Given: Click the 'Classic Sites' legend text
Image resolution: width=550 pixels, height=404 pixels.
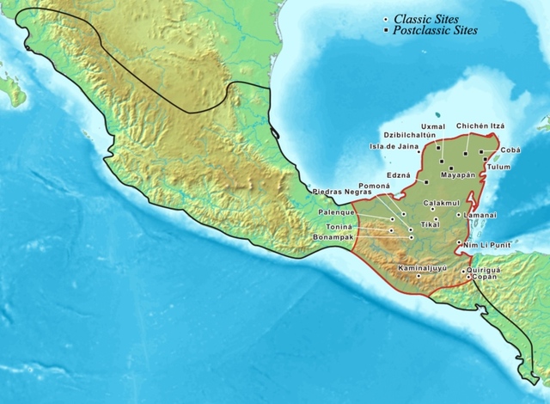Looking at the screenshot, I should pyautogui.click(x=429, y=19).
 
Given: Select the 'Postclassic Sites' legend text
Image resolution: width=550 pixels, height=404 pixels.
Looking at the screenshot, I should pyautogui.click(x=435, y=30).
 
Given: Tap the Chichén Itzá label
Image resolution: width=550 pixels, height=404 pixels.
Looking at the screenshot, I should pyautogui.click(x=480, y=125).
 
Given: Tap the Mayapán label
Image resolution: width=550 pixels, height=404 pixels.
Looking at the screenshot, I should pyautogui.click(x=458, y=174).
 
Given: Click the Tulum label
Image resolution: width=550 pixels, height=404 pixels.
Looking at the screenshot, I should pyautogui.click(x=498, y=167).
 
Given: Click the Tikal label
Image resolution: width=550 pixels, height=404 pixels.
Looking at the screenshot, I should pyautogui.click(x=429, y=224).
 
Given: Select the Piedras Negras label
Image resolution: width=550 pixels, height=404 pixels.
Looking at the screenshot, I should pyautogui.click(x=340, y=192).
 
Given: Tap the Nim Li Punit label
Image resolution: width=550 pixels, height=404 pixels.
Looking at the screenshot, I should pyautogui.click(x=480, y=245).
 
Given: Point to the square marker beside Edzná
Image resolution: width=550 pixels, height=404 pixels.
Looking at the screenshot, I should pyautogui.click(x=425, y=182).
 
